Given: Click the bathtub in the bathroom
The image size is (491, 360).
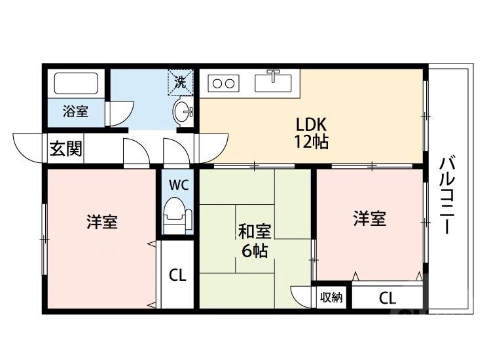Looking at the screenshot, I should click(76, 84).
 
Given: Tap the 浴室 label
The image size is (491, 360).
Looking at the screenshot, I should click(75, 111).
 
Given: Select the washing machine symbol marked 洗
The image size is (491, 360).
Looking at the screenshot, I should click(180, 82).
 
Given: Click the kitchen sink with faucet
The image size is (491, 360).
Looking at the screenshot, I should click(274, 82).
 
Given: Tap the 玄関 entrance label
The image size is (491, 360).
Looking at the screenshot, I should click(66, 149).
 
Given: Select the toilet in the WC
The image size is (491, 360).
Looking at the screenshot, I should click(177, 214).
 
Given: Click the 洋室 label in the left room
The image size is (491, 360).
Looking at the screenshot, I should click(102, 222).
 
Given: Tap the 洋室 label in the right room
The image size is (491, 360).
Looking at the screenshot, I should click(370, 219).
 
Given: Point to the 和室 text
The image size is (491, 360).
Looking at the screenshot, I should click(253, 232).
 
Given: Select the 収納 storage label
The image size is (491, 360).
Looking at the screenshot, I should click(332, 298).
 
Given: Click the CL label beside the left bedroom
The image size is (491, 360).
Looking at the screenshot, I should click(177, 275).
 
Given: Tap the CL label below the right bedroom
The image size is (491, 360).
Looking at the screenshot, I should click(387, 298).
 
